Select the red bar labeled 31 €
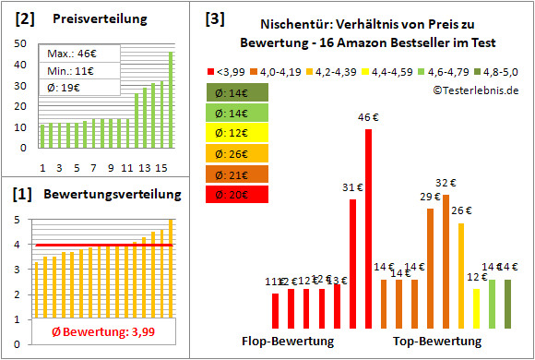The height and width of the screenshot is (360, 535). tap(353, 263)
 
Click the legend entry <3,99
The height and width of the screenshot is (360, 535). tap(230, 69)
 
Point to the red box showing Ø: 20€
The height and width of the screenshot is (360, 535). tap(238, 195)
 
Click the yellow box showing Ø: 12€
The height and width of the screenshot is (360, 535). tap(238, 133)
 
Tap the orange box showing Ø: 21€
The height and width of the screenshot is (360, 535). tap(238, 174)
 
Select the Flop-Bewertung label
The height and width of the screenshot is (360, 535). tap(288, 342)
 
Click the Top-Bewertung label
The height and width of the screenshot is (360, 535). tap(437, 342)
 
